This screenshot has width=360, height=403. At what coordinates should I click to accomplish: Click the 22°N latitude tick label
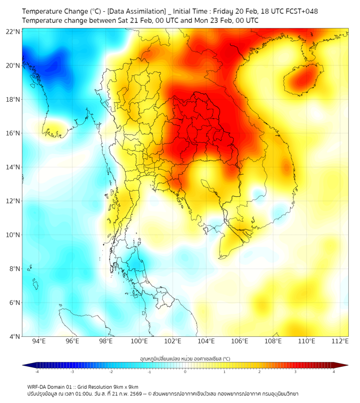pyautogui.click(x=13, y=31)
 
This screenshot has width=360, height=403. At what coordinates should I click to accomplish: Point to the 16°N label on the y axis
pyautogui.click(x=13, y=133)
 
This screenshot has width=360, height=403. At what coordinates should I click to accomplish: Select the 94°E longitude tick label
pyautogui.click(x=39, y=342)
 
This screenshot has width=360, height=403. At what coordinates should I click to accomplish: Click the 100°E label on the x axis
pyautogui.click(x=140, y=342)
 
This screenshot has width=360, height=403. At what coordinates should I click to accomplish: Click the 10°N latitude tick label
pyautogui.click(x=13, y=235)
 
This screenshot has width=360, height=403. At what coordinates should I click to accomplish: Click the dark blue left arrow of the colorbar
pyautogui.click(x=26, y=365)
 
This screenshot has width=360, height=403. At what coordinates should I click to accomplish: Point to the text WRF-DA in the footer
pyautogui.click(x=38, y=386)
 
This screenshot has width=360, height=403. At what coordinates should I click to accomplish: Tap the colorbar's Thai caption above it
pyautogui.click(x=185, y=358)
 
